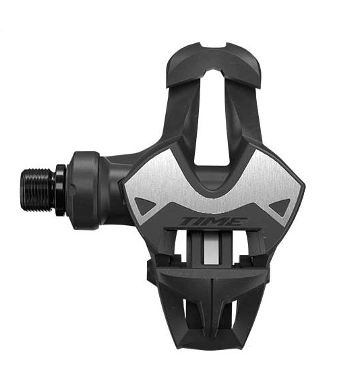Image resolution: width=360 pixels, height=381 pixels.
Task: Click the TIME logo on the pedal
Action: [213, 221]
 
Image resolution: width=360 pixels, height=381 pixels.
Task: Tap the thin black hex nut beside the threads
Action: [61, 190]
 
